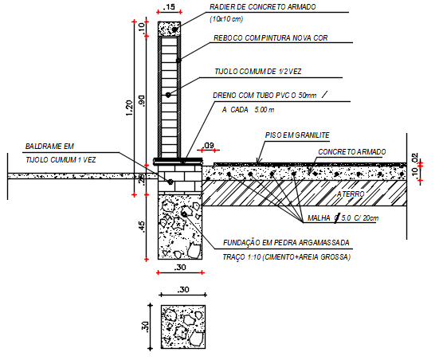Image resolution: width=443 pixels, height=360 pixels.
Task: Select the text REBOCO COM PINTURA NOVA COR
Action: [x=270, y=37]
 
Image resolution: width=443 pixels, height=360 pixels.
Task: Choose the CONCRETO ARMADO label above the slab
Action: [x=352, y=151]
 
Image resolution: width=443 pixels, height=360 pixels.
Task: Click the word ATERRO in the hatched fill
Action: [x=351, y=194]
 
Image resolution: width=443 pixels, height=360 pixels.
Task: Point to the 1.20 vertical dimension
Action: [x=131, y=103]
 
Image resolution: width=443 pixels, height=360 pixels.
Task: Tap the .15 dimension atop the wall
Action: [x=169, y=6]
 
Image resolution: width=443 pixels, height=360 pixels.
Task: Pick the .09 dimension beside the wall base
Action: [x=209, y=145]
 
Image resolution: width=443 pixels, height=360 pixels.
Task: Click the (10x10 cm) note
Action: [x=227, y=19]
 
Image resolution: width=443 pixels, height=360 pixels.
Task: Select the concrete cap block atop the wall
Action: [x=170, y=28]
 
